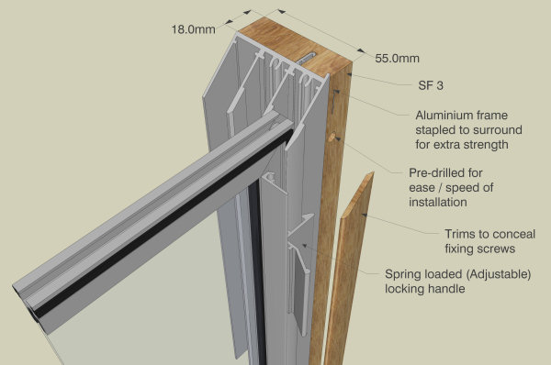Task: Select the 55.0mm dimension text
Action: coord(398,58)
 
